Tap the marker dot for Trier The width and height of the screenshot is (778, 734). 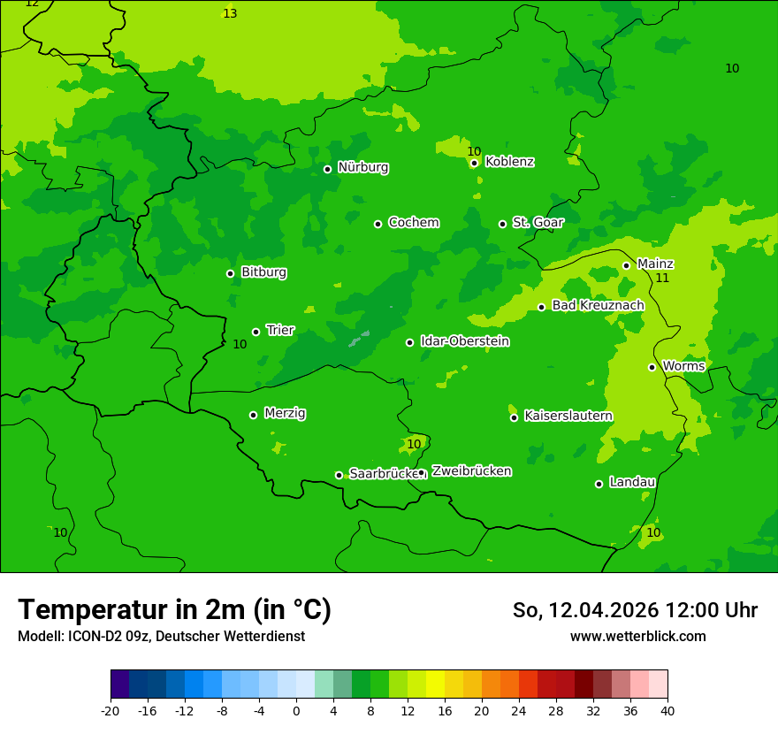[x=256, y=332]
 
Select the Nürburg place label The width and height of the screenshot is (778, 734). [x=362, y=167]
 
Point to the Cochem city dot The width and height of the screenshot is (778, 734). [x=378, y=224]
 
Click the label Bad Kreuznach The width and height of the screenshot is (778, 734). [x=598, y=305]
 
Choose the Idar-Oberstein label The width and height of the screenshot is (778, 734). [x=464, y=341]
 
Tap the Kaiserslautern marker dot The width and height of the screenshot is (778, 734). [x=514, y=417]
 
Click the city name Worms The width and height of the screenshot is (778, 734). [x=683, y=366]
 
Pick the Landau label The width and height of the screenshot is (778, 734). [x=632, y=482]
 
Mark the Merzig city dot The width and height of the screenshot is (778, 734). [x=254, y=415]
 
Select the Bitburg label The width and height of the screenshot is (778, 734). [x=263, y=272]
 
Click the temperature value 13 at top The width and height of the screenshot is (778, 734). [x=230, y=13]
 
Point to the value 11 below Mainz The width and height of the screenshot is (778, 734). [x=662, y=278]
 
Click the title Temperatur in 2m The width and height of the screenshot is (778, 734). [x=174, y=610]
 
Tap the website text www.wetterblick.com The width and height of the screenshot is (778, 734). [x=637, y=637]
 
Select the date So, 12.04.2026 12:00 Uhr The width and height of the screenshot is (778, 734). [x=635, y=610]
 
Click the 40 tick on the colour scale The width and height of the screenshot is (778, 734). [x=667, y=710]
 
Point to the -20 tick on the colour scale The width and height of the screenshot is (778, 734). [x=111, y=710]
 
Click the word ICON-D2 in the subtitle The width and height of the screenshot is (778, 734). [x=92, y=637]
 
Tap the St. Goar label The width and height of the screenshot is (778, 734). [x=538, y=222]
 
